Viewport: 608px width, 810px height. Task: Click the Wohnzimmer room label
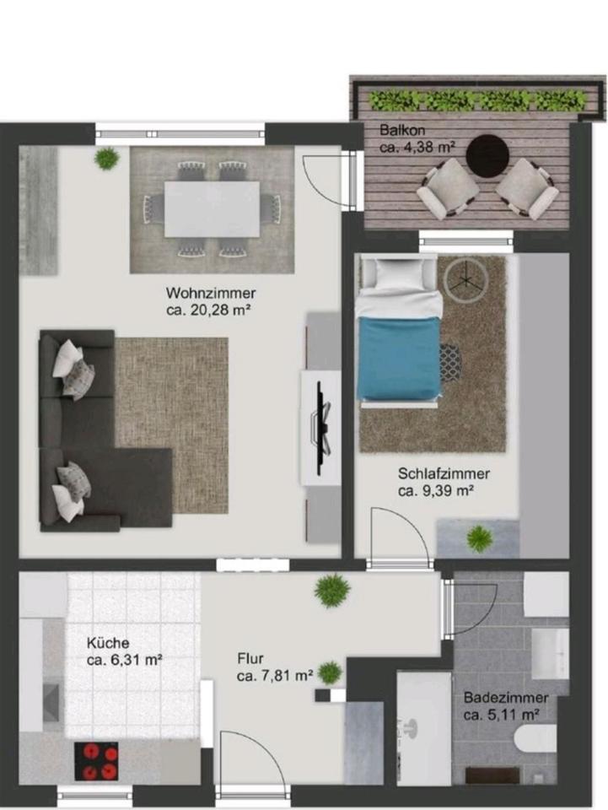[211, 294]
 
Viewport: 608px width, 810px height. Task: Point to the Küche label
[108, 643]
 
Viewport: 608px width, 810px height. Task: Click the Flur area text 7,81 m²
[275, 676]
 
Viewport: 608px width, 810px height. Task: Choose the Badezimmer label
[506, 698]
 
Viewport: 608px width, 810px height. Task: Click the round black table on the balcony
[488, 155]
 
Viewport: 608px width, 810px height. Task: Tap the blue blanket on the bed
[399, 358]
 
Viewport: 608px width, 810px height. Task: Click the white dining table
[212, 208]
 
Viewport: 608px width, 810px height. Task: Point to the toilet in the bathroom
[535, 738]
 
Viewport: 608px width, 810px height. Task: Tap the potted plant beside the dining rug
[107, 158]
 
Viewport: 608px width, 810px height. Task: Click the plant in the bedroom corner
[480, 537]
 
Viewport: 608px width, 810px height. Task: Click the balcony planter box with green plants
[477, 100]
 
